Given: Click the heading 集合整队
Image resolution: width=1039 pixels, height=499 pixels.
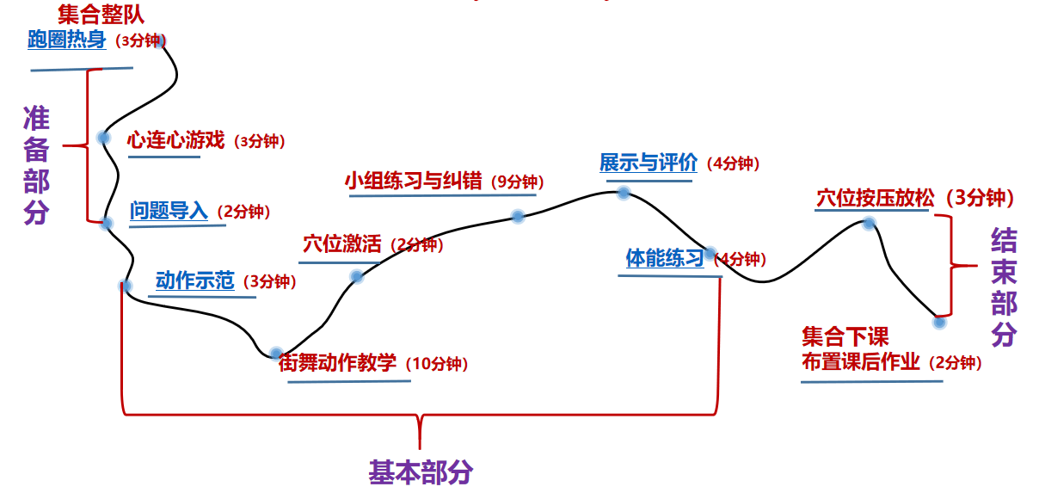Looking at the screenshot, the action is click(x=101, y=14).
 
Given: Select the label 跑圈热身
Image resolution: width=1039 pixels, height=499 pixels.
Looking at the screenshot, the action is click(x=66, y=40).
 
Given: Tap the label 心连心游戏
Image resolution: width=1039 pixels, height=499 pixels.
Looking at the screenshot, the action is click(x=175, y=140).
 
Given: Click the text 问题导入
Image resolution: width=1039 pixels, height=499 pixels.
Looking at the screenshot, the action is click(x=169, y=211).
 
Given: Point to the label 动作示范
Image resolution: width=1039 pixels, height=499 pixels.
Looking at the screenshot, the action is click(x=194, y=281).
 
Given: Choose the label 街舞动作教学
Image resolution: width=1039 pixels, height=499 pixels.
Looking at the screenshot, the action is click(x=337, y=363).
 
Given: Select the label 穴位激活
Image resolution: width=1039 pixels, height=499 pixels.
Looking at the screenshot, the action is click(x=341, y=244).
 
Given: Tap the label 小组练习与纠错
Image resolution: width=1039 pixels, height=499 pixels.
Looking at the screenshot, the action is click(x=414, y=182).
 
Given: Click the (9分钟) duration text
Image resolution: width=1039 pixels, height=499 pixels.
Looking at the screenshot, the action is click(x=517, y=182).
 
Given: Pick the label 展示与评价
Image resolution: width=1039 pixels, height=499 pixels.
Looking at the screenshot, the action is click(x=648, y=163).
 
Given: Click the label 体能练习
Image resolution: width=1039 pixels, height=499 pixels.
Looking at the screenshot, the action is click(x=665, y=258).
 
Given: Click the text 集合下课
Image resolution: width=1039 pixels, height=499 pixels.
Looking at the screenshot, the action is click(x=845, y=336).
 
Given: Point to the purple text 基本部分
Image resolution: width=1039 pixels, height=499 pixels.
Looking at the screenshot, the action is click(x=421, y=472).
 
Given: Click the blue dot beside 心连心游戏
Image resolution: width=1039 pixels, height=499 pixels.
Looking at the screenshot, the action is click(x=103, y=137).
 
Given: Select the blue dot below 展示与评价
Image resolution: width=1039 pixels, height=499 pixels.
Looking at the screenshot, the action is click(x=624, y=193).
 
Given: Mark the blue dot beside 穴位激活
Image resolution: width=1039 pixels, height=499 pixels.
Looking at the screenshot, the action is click(x=357, y=275).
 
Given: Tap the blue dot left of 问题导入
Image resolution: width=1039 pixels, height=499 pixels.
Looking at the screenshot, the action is click(x=107, y=224).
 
